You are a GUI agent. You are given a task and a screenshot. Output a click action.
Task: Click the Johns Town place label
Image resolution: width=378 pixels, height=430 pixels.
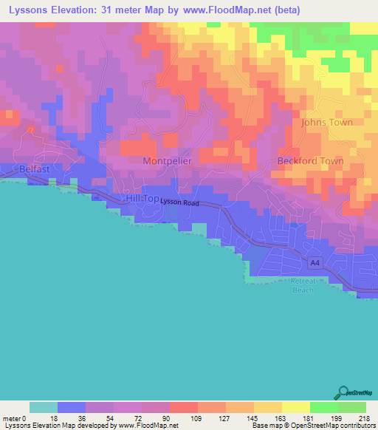pyautogui.click(x=326, y=122)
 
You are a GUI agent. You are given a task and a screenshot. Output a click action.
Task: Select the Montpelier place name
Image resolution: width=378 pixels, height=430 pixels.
pyautogui.click(x=166, y=160)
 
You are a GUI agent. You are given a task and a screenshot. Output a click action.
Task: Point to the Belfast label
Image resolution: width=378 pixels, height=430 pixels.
pyautogui.click(x=35, y=169)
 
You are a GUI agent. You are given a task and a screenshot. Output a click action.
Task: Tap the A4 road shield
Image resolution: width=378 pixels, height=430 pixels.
pyautogui.click(x=315, y=263)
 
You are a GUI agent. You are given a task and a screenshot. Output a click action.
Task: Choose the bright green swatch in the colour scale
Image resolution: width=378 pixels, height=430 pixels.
pyautogui.click(x=323, y=407)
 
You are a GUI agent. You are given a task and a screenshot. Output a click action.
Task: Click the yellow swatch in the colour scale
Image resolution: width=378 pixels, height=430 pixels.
pyautogui.click(x=295, y=407)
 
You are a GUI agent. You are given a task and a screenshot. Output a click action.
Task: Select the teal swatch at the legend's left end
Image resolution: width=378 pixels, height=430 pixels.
pyautogui.click(x=44, y=407)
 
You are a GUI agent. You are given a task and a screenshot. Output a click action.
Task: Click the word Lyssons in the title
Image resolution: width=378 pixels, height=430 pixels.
pyautogui.click(x=27, y=11)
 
